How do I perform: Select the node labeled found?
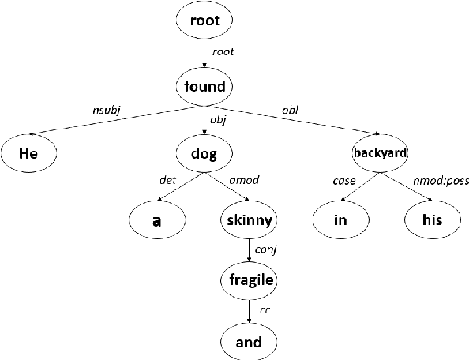tap(204, 86)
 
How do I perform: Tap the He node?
tap(29, 153)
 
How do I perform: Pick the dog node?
tap(204, 153)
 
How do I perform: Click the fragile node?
tap(249, 281)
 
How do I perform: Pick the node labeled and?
tap(249, 342)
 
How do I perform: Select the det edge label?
tap(167, 181)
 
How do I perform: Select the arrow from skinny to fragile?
tap(249, 251)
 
